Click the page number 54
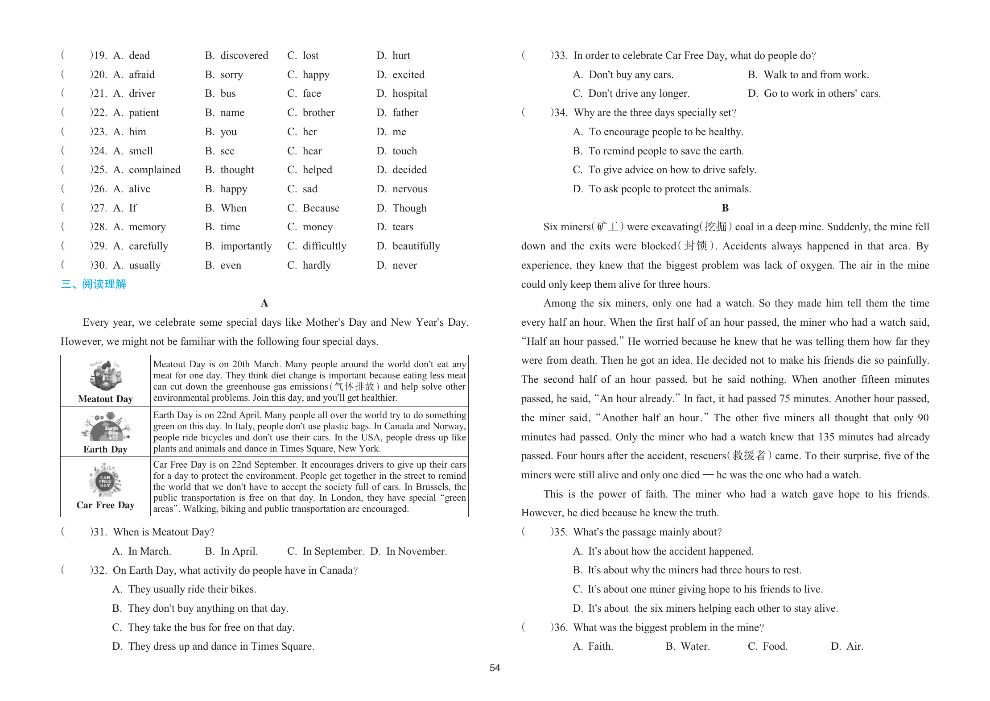tap(495, 668)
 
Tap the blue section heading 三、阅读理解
tap(94, 284)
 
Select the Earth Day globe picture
tap(106, 427)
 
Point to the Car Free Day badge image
tap(105, 480)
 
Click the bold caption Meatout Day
tap(105, 399)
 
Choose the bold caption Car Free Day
tap(105, 505)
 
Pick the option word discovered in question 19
tap(244, 55)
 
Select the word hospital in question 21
tap(409, 93)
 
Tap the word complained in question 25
tap(154, 170)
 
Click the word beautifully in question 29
tap(416, 246)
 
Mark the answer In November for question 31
tap(416, 551)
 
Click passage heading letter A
tap(264, 303)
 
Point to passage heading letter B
tap(725, 208)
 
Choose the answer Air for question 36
tap(854, 646)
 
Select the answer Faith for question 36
tap(600, 646)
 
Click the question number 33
tap(559, 55)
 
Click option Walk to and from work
tap(816, 75)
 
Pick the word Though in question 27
tap(409, 208)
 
